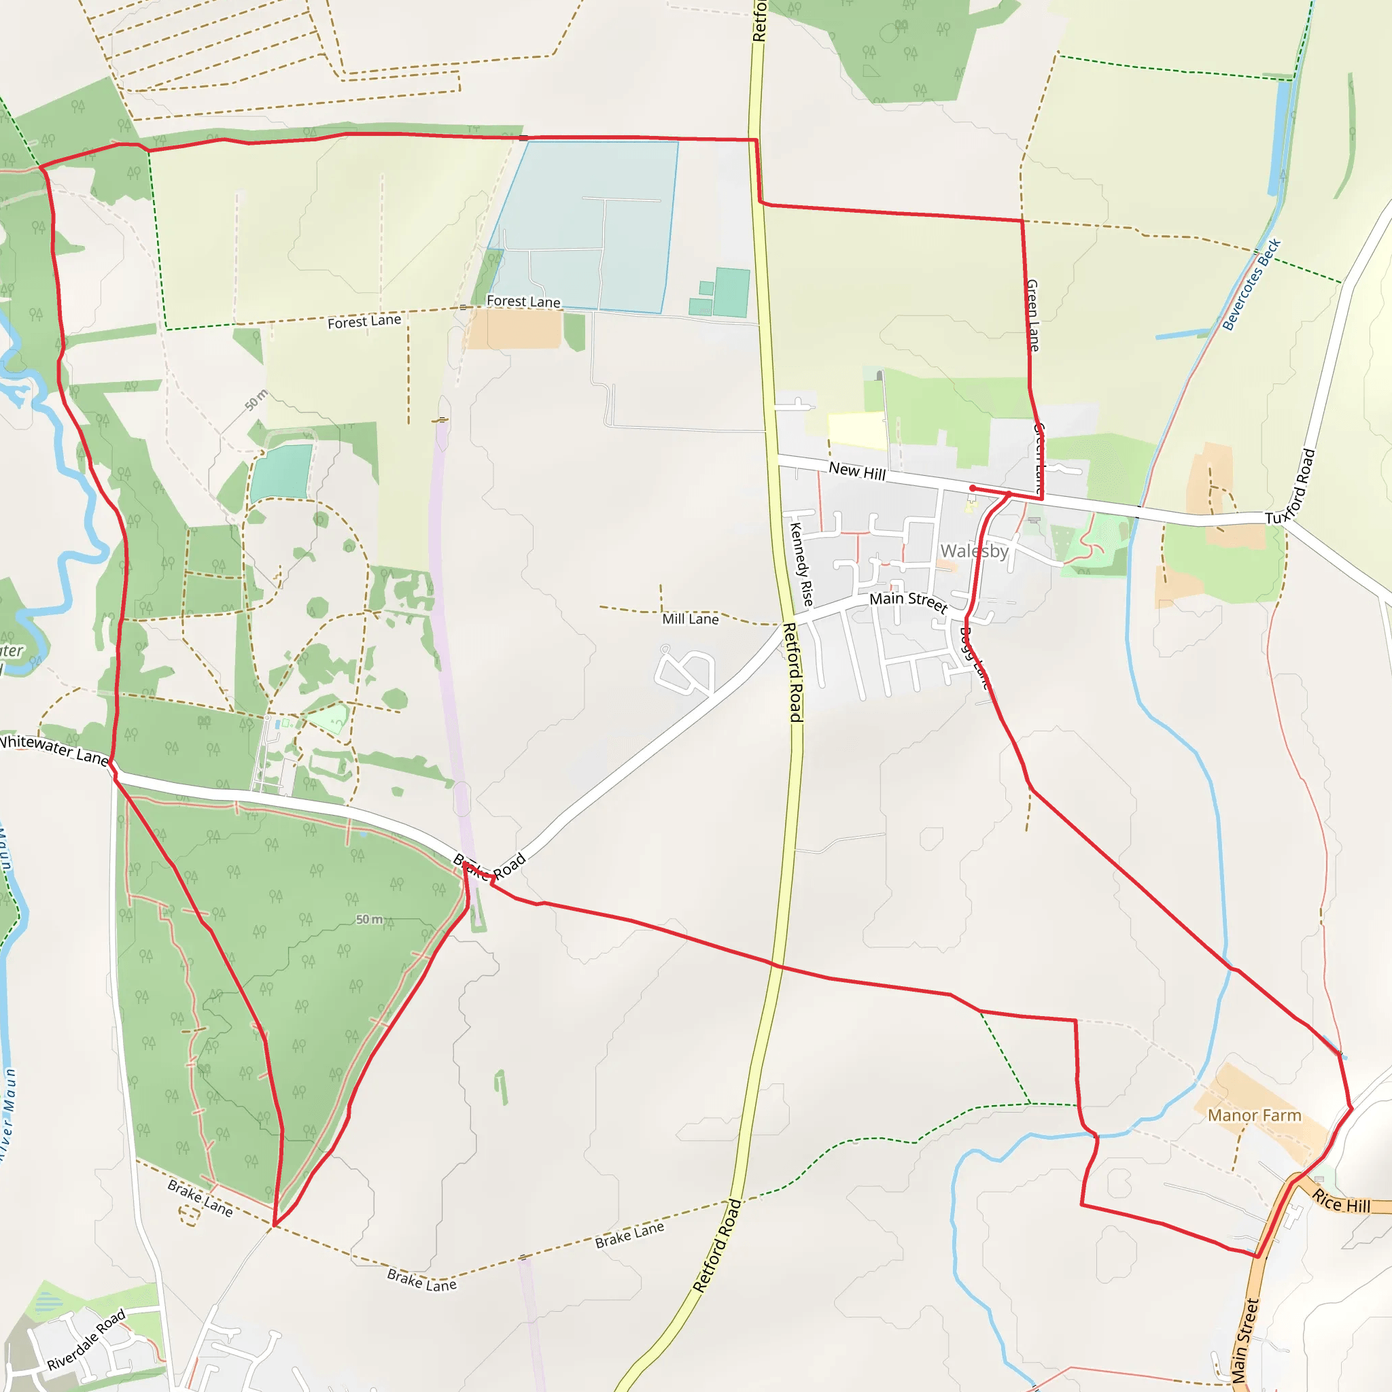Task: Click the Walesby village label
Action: [974, 551]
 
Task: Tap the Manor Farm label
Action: [1255, 1115]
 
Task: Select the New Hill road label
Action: [856, 472]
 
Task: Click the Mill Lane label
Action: [691, 619]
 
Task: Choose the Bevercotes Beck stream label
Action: [1251, 284]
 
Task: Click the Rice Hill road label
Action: [1341, 1202]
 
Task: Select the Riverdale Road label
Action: [86, 1340]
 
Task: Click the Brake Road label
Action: [490, 867]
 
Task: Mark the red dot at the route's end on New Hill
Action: [973, 489]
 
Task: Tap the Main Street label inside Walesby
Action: [908, 602]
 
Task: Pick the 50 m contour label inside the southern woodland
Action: [369, 920]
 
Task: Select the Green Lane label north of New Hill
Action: [1032, 315]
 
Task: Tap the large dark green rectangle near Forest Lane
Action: [732, 292]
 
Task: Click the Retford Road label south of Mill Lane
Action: [793, 672]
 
